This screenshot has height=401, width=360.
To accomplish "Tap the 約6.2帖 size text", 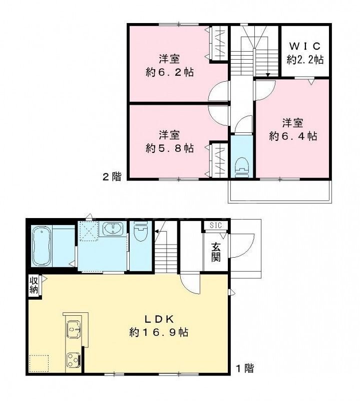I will tap(170, 72).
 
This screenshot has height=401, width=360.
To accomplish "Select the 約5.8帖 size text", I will tap(170, 148).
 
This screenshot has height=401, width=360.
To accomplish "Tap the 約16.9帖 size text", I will tap(159, 332).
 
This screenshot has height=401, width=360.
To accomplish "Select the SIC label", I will tap(216, 226).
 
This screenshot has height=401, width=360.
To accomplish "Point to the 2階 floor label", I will tap(112, 176).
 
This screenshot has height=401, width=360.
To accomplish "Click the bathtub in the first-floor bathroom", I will tap(42, 247).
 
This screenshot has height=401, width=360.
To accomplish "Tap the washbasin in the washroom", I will tap(115, 230).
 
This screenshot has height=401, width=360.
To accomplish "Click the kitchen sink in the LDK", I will tap(74, 330).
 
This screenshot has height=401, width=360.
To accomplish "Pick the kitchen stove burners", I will tap(74, 359).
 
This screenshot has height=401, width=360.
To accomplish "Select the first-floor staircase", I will tap(166, 253).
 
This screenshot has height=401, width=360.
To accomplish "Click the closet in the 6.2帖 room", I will tap(219, 45).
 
